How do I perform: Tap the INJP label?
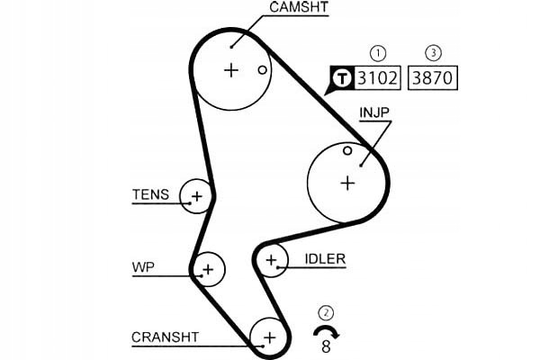click(x=375, y=113)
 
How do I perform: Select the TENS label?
click(x=150, y=193)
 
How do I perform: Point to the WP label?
click(x=142, y=267)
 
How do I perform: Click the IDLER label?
click(x=325, y=259)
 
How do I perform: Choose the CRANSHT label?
click(x=165, y=337)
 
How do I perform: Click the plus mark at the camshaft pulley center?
click(x=231, y=69)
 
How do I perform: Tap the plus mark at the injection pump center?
click(x=347, y=183)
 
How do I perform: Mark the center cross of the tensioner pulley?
click(x=196, y=194)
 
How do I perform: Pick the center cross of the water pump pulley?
click(x=209, y=268)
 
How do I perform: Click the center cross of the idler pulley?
click(x=271, y=261)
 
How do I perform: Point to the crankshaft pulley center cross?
click(x=267, y=337)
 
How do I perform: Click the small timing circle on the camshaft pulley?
click(x=262, y=69)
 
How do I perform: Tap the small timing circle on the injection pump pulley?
click(x=347, y=150)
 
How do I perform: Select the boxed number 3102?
click(x=377, y=77)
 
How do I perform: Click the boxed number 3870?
click(x=433, y=77)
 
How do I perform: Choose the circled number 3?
click(x=433, y=52)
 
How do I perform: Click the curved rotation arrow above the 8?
click(x=326, y=331)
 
